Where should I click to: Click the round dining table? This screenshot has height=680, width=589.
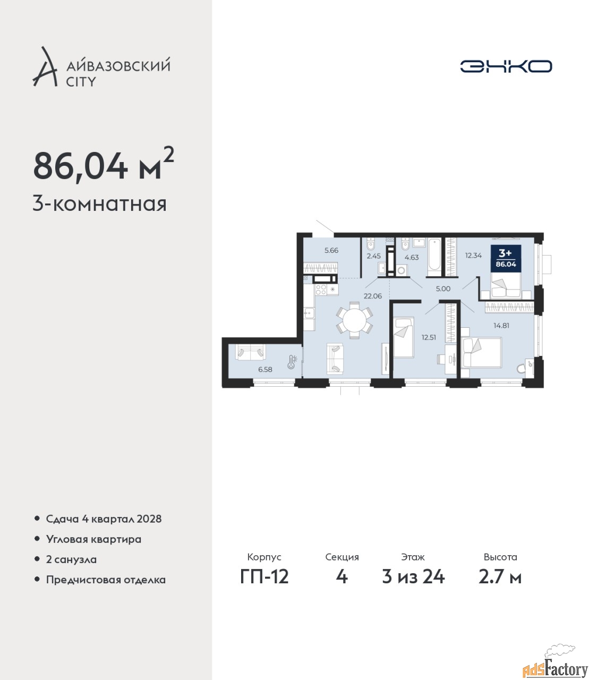click(354, 320)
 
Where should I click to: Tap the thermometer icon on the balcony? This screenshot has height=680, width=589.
click(292, 362)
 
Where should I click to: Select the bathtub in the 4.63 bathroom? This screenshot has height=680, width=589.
click(434, 257)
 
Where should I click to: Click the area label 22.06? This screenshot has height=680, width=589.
click(373, 296)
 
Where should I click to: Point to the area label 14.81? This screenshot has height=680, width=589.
click(501, 325)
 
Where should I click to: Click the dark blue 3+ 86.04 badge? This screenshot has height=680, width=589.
click(506, 258)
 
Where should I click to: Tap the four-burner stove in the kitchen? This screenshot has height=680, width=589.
click(321, 290)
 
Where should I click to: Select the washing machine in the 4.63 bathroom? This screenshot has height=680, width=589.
click(402, 270)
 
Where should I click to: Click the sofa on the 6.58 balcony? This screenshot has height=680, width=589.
click(251, 352)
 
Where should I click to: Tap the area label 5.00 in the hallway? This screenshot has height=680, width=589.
click(443, 289)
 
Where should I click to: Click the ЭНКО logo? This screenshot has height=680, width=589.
click(506, 66)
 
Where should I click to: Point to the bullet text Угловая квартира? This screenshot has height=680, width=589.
click(93, 539)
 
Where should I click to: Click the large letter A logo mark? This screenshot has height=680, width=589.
click(45, 67)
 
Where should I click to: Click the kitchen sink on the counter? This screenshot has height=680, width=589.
click(310, 313)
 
